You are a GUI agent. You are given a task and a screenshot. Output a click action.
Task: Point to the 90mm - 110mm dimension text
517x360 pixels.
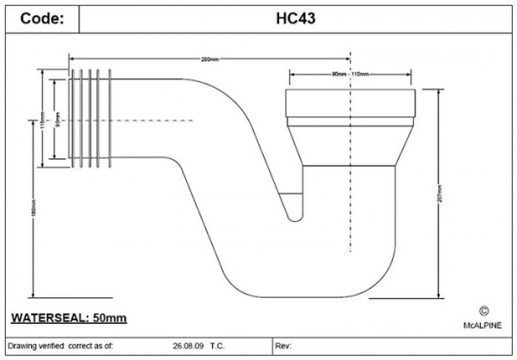pos(350,75)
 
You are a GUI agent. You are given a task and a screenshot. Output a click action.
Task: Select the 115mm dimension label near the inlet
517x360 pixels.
pos(43,119)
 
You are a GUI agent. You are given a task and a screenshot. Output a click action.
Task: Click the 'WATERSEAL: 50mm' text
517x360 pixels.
pos(69,318)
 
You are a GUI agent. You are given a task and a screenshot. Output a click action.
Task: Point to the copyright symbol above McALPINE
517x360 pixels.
pos(484,312)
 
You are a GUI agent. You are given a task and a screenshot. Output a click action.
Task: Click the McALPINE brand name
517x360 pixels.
pos(484,325)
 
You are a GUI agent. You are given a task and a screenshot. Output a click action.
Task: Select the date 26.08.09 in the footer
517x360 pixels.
pos(185,345)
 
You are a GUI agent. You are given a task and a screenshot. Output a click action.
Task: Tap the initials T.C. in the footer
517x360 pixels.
pos(218,345)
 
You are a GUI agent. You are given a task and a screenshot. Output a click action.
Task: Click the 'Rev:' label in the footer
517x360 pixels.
pos(284,345)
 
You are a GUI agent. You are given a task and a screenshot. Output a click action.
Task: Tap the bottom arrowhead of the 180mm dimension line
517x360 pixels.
pos(32,293)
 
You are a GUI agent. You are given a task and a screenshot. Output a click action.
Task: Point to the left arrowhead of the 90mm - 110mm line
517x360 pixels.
pos(291,75)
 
